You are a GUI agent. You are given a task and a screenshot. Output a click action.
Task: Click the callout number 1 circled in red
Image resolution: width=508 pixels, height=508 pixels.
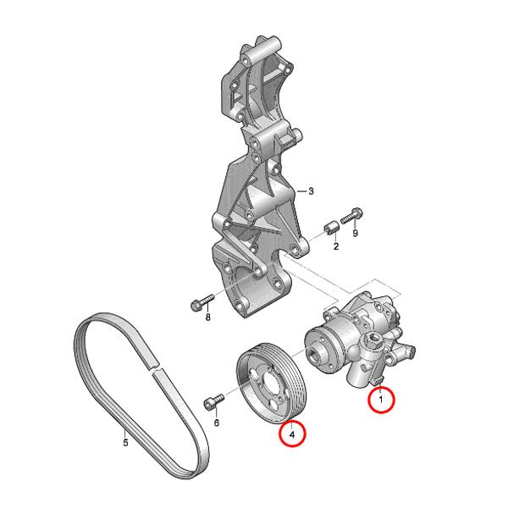[381, 397]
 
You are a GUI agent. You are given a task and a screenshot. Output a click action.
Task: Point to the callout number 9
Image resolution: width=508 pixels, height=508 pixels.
[356, 232]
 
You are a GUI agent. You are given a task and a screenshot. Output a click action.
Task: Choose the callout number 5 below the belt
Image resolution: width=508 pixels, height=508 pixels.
[125, 441]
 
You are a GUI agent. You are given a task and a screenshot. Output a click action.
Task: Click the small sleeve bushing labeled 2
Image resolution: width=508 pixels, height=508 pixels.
[332, 229]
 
